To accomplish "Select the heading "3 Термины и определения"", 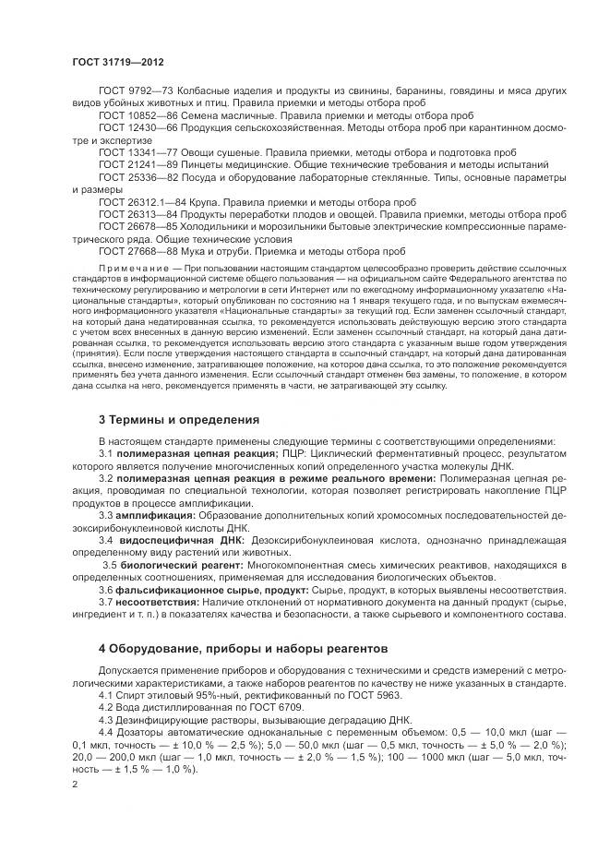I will pyautogui.click(x=179, y=420).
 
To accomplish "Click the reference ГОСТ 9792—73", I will pyautogui.click(x=131, y=91).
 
